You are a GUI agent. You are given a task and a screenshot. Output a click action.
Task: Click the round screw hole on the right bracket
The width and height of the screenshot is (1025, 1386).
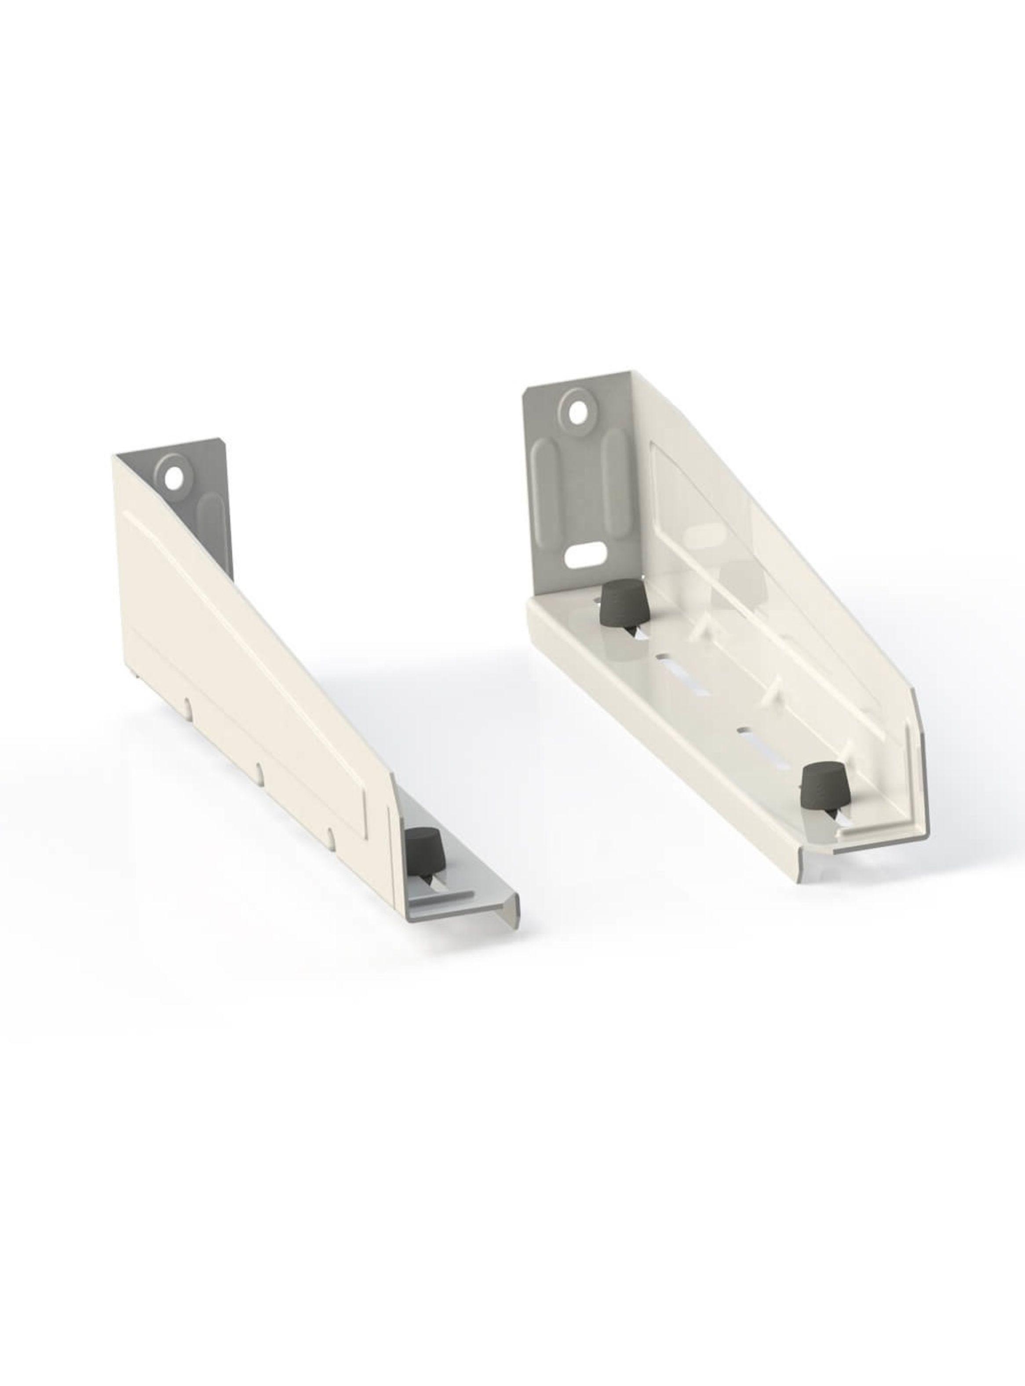pyautogui.click(x=579, y=410)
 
